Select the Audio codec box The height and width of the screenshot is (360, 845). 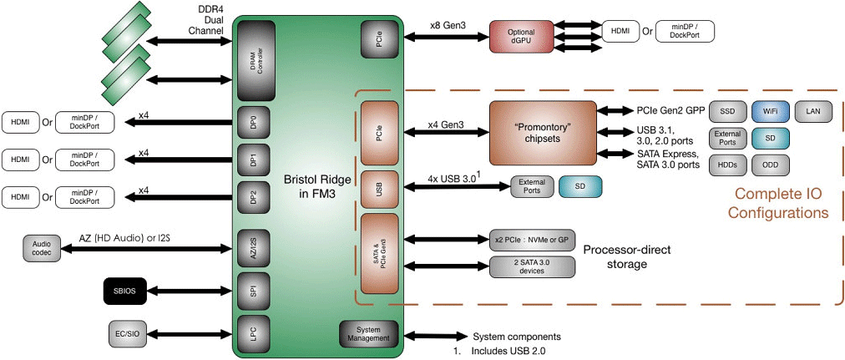click(42, 248)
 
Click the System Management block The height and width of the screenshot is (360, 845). click(368, 333)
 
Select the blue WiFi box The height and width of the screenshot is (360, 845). click(771, 110)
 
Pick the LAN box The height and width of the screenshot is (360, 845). click(812, 110)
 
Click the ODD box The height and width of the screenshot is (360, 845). click(771, 165)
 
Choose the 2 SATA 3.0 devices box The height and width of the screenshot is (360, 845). click(533, 266)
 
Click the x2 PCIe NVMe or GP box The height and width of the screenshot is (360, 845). click(533, 240)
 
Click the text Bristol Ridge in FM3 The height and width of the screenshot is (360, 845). click(311, 188)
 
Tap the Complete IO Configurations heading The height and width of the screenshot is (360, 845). click(778, 204)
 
